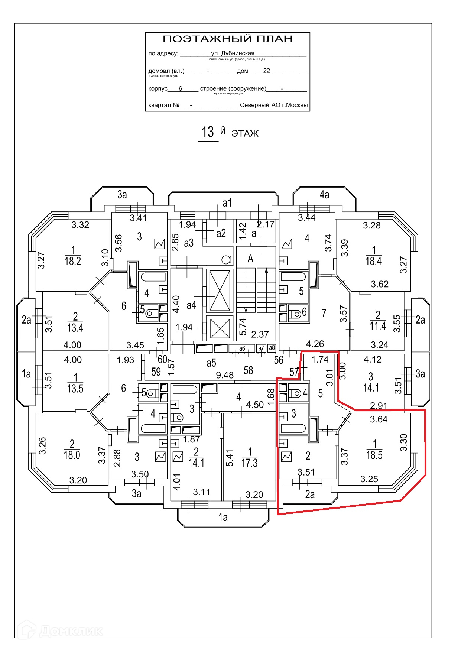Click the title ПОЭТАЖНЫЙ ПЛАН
pyautogui.click(x=228, y=39)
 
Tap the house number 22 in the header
pyautogui.click(x=266, y=71)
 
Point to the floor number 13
pyautogui.click(x=208, y=132)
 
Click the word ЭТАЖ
pyautogui.click(x=245, y=133)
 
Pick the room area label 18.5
pyautogui.click(x=374, y=455)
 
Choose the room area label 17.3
pyautogui.click(x=249, y=463)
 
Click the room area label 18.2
pyautogui.click(x=73, y=261)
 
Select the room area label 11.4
pyautogui.click(x=378, y=326)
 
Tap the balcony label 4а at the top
pyautogui.click(x=324, y=195)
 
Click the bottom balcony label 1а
pyautogui.click(x=223, y=517)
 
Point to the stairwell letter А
pyautogui.click(x=250, y=259)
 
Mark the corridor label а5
pyautogui.click(x=211, y=363)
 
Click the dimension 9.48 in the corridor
pyautogui.click(x=225, y=375)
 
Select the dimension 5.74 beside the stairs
pyautogui.click(x=243, y=327)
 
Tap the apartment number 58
pyautogui.click(x=248, y=370)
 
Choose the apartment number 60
pyautogui.click(x=162, y=359)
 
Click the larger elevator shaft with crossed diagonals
pyautogui.click(x=220, y=291)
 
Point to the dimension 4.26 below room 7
pyautogui.click(x=315, y=344)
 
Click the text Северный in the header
pyautogui.click(x=254, y=105)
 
